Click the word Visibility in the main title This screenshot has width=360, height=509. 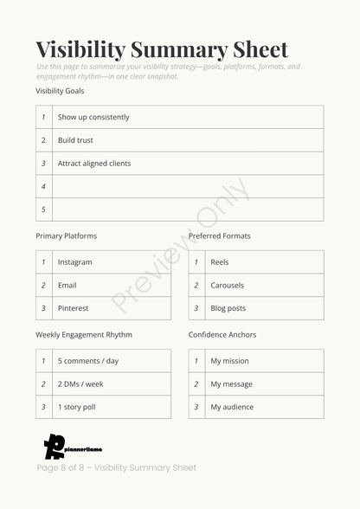(x=81, y=49)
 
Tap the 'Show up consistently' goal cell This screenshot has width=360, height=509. (x=93, y=117)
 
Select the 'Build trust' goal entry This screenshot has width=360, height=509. (x=75, y=140)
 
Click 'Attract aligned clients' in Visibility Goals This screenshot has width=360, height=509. (x=94, y=164)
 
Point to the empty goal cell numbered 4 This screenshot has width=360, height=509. (x=188, y=186)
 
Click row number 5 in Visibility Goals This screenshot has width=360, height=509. (x=43, y=209)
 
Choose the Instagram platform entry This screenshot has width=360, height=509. (x=74, y=262)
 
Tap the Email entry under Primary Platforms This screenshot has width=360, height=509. (x=67, y=286)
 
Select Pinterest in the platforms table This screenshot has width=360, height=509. (x=73, y=308)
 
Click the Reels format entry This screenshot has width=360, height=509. (x=220, y=262)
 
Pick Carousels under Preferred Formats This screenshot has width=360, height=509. (x=228, y=286)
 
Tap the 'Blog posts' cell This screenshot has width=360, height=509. (x=228, y=308)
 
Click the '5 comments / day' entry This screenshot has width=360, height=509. (x=88, y=361)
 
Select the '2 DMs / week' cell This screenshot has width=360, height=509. (x=80, y=384)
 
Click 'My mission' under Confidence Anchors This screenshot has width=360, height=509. (x=229, y=361)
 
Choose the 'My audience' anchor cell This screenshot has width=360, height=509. (x=232, y=407)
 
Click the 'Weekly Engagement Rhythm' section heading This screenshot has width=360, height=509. (x=84, y=335)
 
